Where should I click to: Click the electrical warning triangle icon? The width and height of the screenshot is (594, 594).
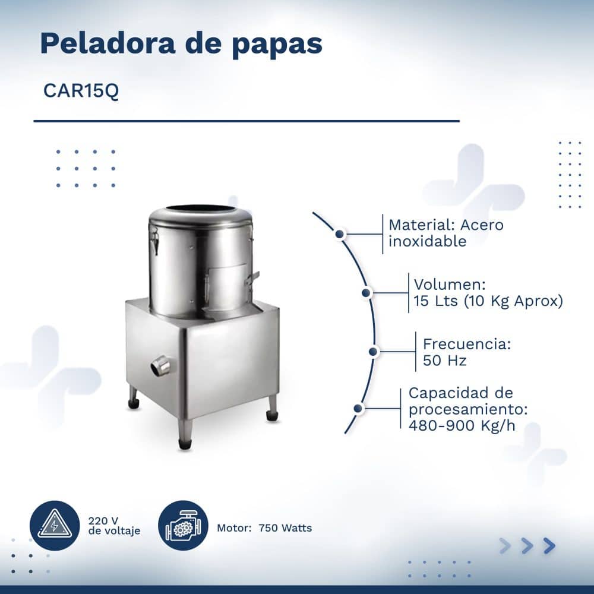tap(55, 526)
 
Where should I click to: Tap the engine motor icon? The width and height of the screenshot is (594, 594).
tap(183, 526)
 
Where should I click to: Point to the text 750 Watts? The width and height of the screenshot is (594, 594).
tap(285, 527)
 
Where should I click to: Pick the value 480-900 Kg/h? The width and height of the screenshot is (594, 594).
tap(462, 425)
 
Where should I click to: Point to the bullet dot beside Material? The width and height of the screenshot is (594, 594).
tap(340, 234)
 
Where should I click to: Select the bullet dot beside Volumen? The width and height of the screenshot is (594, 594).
tap(366, 292)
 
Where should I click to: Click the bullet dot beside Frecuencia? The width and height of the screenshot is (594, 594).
tap(373, 352)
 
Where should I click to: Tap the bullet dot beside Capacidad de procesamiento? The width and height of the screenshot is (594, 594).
tap(358, 409)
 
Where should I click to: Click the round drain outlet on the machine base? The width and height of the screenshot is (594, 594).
tap(160, 366)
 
